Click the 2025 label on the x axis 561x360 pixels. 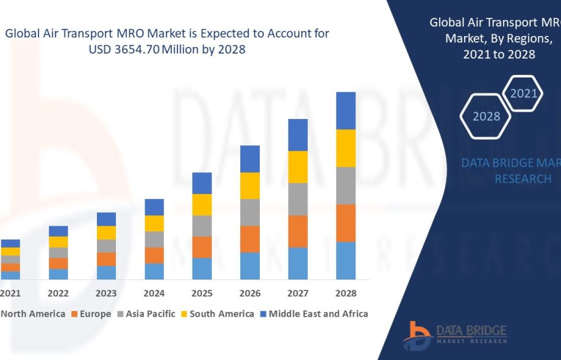point(202,293)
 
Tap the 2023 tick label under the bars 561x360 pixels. point(106,293)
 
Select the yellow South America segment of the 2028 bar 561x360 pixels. point(346,148)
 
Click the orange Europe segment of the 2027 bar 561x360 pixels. point(298,231)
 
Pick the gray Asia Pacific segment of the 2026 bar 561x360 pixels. point(250,212)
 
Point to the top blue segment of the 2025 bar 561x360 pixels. point(202,183)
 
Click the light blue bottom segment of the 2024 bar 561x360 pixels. point(154,272)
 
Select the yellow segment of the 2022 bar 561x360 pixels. point(59,242)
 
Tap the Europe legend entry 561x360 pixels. point(91,314)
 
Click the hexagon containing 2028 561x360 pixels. point(486,116)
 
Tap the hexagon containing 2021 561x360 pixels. point(523,93)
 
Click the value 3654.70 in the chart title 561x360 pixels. point(134,49)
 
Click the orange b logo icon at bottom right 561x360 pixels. point(418,335)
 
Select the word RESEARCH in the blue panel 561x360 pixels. point(523,179)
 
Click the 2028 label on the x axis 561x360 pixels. point(346,293)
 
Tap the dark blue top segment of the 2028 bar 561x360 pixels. point(346,110)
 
